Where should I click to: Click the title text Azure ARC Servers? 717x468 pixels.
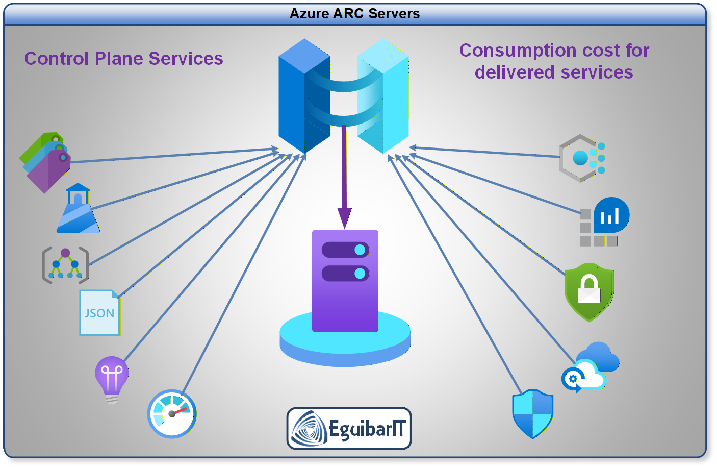(x=354, y=14)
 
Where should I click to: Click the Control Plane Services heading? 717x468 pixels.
(x=123, y=59)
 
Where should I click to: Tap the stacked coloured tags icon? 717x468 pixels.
(x=45, y=162)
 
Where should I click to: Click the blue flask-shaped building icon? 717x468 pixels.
(x=78, y=209)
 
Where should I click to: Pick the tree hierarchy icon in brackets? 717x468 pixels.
(x=65, y=265)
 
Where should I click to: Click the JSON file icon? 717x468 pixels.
(x=99, y=313)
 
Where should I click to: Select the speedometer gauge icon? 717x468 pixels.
(x=172, y=414)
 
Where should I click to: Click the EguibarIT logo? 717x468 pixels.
(x=349, y=428)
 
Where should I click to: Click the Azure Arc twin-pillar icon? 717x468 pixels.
(x=343, y=96)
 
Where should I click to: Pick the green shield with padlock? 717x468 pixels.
(x=589, y=291)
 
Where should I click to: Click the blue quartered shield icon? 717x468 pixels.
(x=532, y=413)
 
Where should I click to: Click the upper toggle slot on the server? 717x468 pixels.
(x=345, y=250)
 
